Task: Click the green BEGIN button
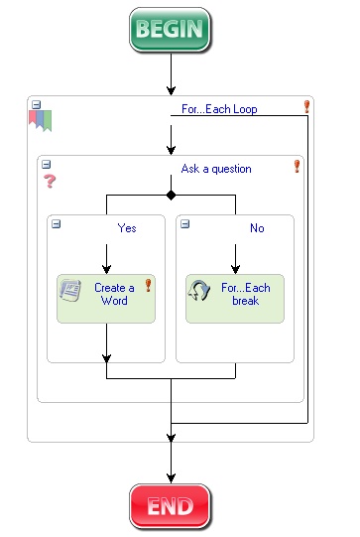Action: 171,30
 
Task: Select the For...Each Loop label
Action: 219,109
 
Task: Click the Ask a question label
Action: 216,169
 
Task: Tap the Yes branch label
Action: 127,228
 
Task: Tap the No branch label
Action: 257,228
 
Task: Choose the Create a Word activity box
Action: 106,299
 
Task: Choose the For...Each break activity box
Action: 235,299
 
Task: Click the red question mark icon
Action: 49,183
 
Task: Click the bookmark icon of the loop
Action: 40,121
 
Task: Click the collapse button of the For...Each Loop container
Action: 36,103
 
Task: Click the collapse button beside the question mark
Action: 46,164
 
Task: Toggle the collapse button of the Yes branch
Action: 57,224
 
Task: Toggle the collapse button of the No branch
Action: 185,224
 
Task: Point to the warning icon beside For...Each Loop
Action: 306,106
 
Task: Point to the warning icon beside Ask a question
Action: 297,167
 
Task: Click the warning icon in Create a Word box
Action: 148,285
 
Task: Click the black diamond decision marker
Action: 171,195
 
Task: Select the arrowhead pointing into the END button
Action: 171,478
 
